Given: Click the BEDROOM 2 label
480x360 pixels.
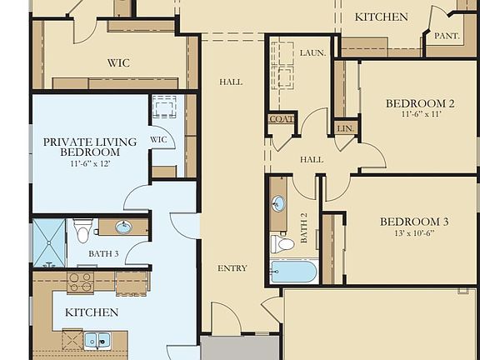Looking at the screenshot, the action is (420, 103).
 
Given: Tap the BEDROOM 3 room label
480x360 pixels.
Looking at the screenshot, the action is (414, 222).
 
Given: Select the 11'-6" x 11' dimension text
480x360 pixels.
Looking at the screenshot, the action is (421, 114).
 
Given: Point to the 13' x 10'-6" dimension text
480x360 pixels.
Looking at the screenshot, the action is (414, 233).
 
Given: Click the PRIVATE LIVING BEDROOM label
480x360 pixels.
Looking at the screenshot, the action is (90, 147).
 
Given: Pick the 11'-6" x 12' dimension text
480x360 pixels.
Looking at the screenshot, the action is (90, 163).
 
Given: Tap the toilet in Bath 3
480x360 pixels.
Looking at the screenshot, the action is (82, 231).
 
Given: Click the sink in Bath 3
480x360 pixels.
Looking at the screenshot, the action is (123, 227).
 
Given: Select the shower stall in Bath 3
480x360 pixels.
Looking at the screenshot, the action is (49, 242).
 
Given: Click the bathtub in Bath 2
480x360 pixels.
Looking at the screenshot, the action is (293, 272).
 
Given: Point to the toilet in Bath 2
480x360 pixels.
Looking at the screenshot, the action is (282, 244).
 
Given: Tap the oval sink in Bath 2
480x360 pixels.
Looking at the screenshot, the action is (278, 203).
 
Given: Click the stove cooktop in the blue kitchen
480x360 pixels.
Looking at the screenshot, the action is (80, 282).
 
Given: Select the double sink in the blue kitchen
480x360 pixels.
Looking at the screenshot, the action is (97, 340).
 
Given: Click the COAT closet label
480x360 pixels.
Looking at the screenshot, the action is (282, 119).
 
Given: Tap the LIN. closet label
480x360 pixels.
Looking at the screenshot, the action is (345, 128).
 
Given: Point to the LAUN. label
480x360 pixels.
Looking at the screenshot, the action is (312, 53).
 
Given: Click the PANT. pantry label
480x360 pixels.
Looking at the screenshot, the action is (447, 36).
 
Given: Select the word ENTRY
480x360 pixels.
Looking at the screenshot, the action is (232, 268).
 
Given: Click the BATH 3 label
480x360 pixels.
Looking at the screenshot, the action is (103, 253).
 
